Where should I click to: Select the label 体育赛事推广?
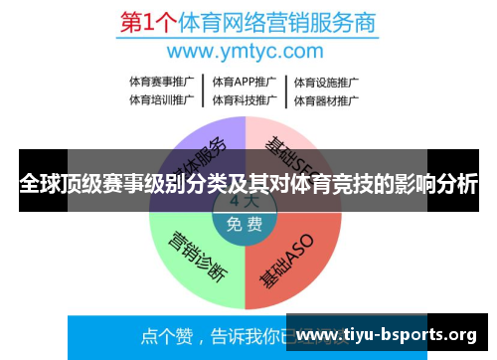click(162, 82)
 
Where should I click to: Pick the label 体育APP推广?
click(244, 82)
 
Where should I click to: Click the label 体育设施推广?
click(326, 82)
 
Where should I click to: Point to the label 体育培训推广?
click(162, 99)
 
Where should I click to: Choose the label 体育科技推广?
click(244, 99)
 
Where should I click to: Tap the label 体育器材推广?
click(326, 99)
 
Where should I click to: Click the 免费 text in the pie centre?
click(245, 224)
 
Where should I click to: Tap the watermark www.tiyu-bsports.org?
click(387, 334)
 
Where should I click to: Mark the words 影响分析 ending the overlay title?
click(432, 185)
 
